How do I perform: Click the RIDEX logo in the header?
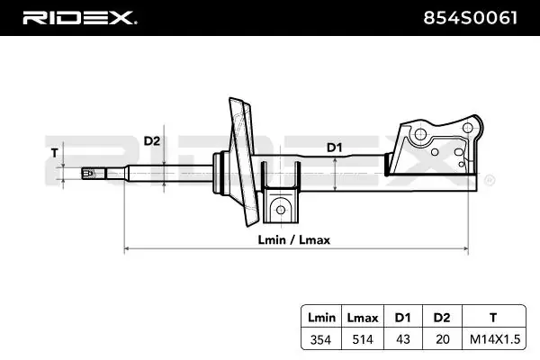coord(78,17)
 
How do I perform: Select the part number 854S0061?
coord(469,17)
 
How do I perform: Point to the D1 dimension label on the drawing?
coord(335,146)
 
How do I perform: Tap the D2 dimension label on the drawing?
coord(152,141)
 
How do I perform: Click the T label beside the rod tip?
coord(55,152)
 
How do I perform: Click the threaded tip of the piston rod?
coord(90,173)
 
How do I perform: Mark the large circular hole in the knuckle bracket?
coord(419,137)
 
